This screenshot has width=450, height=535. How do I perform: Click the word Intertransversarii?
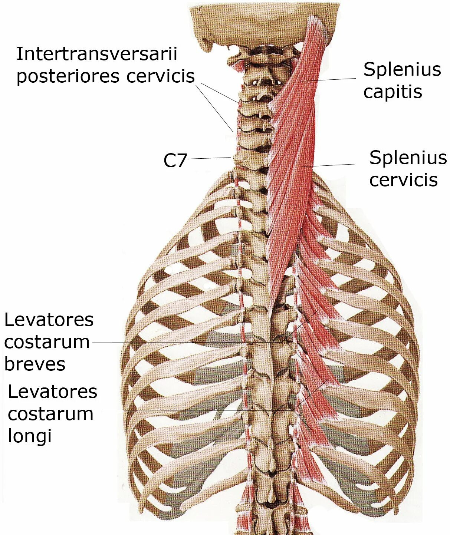click(x=97, y=55)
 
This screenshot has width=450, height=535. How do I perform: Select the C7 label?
click(x=175, y=161)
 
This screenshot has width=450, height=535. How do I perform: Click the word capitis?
click(x=392, y=92)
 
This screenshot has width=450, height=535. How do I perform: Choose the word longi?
click(x=30, y=436)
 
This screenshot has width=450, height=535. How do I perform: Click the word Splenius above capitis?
click(x=402, y=69)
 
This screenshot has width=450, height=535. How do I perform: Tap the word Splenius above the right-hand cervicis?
click(x=408, y=158)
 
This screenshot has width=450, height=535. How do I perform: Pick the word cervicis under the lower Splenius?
click(x=403, y=180)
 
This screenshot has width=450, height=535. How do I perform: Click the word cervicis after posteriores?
click(x=161, y=76)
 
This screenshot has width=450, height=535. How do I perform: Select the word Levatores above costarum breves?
click(x=49, y=320)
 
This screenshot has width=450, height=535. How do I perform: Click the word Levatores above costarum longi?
click(x=52, y=392)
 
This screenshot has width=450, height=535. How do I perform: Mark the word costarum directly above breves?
click(x=47, y=342)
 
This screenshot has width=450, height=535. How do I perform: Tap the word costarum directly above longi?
click(x=50, y=414)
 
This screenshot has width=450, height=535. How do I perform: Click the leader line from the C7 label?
click(x=209, y=158)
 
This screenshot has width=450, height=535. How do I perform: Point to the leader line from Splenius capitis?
click(x=330, y=79)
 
